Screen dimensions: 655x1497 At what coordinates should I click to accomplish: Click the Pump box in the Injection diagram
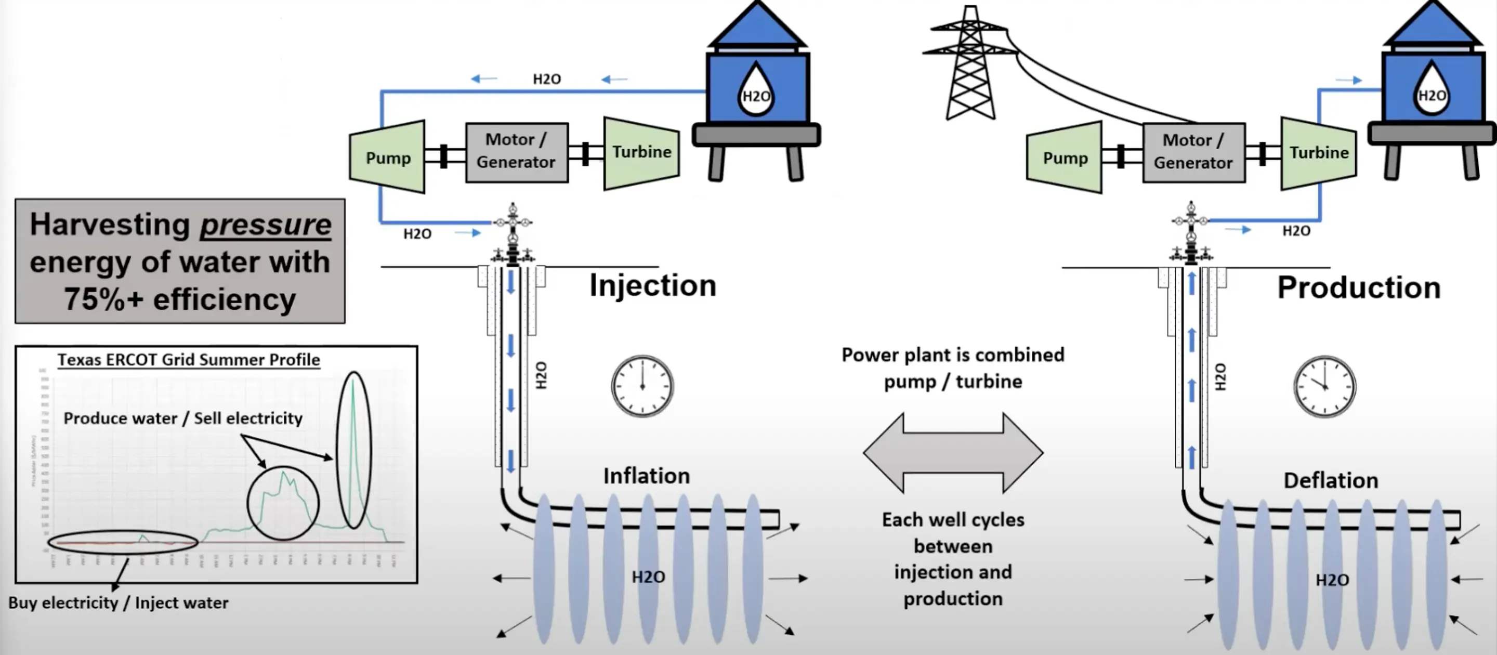click(x=387, y=157)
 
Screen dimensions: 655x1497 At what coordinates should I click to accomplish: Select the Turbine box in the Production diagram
click(x=1319, y=153)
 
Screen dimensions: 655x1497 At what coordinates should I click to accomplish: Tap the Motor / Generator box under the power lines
click(x=1193, y=152)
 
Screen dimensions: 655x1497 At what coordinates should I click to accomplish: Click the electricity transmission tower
click(x=969, y=64)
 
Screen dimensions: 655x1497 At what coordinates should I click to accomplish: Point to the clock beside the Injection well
click(x=642, y=386)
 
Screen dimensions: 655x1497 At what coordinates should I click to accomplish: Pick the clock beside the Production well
click(x=1324, y=386)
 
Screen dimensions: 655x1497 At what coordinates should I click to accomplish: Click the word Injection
click(x=653, y=285)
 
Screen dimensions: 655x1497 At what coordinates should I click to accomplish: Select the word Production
click(x=1358, y=287)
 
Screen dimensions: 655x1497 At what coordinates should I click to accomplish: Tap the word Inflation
click(x=646, y=476)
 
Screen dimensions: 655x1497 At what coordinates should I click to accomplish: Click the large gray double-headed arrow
click(x=953, y=452)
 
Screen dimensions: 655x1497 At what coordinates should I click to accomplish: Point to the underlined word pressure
click(x=266, y=225)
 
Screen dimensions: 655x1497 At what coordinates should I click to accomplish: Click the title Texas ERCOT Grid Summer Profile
click(x=188, y=360)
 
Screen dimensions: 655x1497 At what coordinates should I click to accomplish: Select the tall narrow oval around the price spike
click(x=353, y=450)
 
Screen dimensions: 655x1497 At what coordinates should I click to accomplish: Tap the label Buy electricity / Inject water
click(x=118, y=602)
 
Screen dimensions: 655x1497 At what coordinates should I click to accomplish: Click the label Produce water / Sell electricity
click(x=182, y=418)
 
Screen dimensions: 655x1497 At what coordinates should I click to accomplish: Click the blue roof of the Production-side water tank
click(x=1432, y=26)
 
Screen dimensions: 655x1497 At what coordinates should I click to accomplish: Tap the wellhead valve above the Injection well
click(x=513, y=232)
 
